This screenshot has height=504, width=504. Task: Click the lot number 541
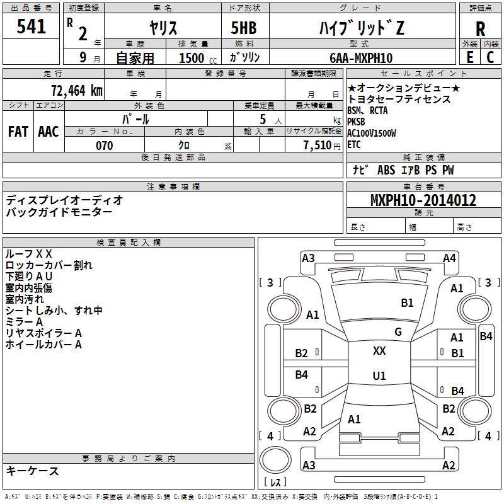pos(31,26)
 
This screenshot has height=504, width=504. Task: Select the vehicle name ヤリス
pos(163,28)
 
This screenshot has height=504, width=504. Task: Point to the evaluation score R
pos(480,28)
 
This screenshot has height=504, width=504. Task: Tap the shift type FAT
pos(18,132)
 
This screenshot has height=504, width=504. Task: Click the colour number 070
pos(104,146)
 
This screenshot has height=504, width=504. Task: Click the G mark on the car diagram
pos(398,332)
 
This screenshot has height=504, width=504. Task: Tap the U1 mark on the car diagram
pos(379,375)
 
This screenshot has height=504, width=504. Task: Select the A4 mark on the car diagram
pos(449,258)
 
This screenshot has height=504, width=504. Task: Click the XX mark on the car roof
pos(379,351)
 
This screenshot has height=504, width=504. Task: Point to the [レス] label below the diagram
pos(276,483)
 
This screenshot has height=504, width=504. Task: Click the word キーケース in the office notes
pos(33,471)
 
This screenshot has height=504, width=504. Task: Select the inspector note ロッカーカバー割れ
pos(49,265)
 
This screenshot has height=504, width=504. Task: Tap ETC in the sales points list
pos(355,144)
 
